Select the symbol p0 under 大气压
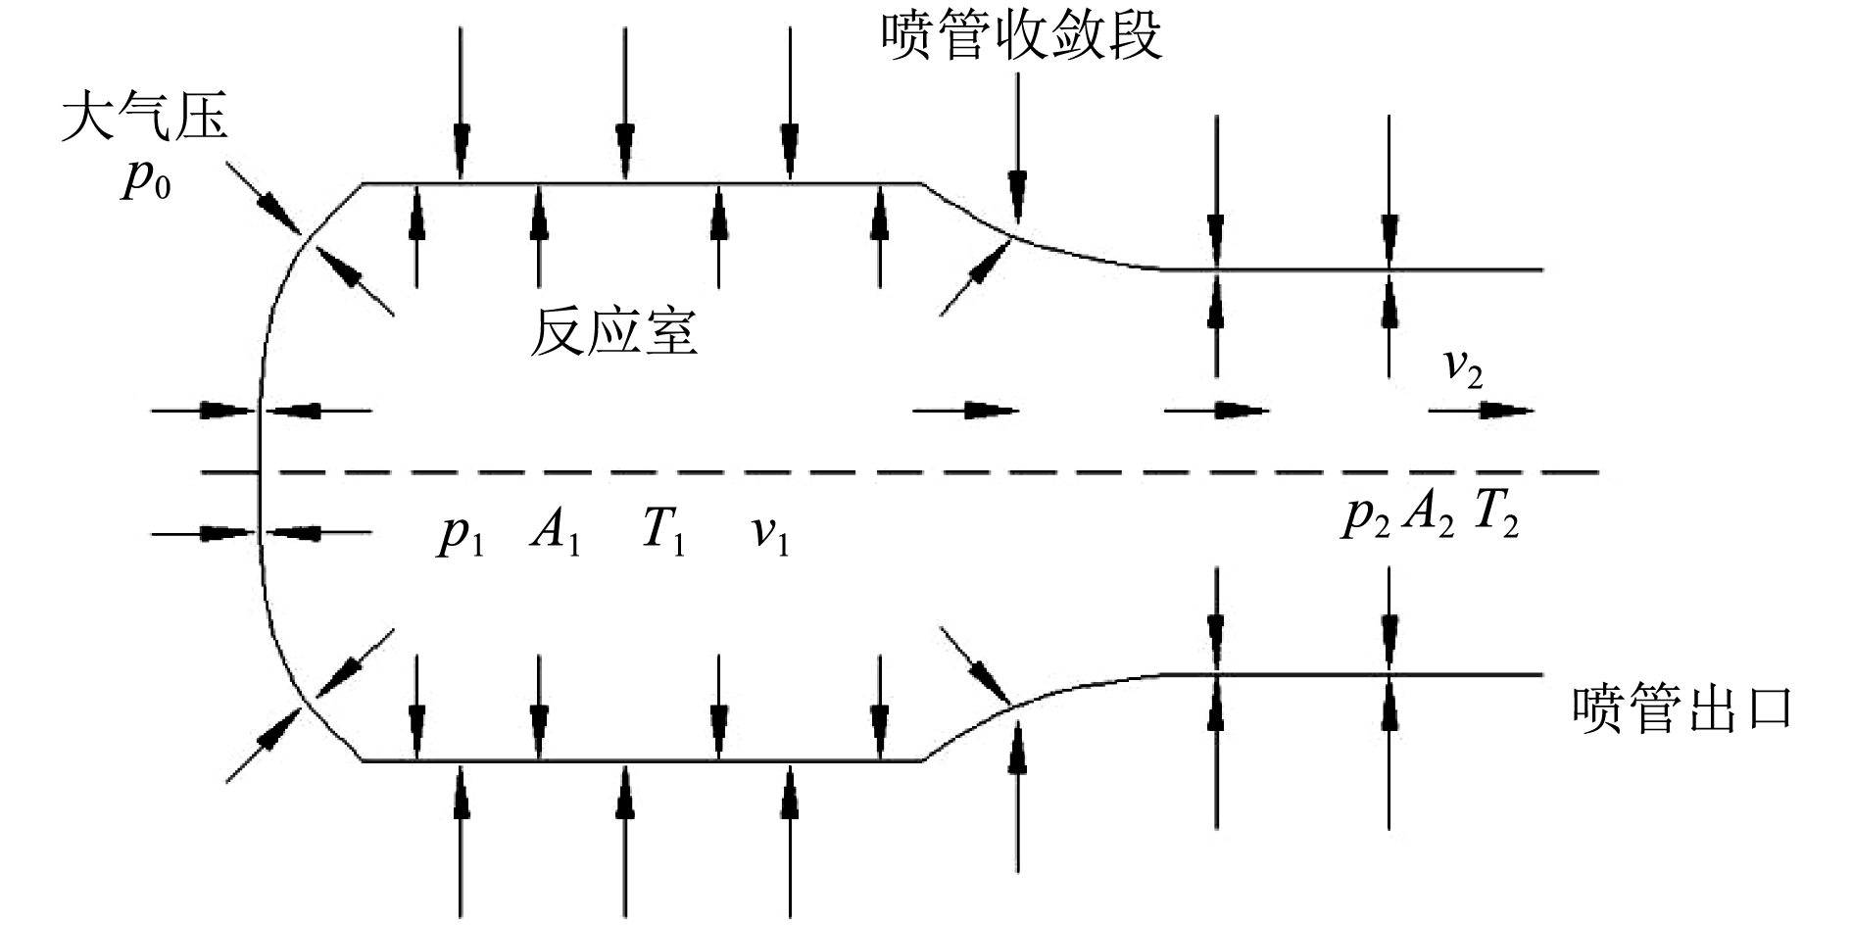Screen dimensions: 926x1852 [x=146, y=182]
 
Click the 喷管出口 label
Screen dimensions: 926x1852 [x=1681, y=709]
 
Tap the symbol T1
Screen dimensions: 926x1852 [x=663, y=534]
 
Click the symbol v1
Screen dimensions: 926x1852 [x=770, y=536]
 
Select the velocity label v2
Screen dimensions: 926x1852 [x=1464, y=368]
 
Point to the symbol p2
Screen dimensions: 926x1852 [x=1366, y=516]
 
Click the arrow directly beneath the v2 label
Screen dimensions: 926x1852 [x=1480, y=411]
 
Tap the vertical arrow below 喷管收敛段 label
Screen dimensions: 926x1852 [x=1018, y=147]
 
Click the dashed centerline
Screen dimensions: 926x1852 [x=882, y=472]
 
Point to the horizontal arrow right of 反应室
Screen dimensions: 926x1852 [x=966, y=411]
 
